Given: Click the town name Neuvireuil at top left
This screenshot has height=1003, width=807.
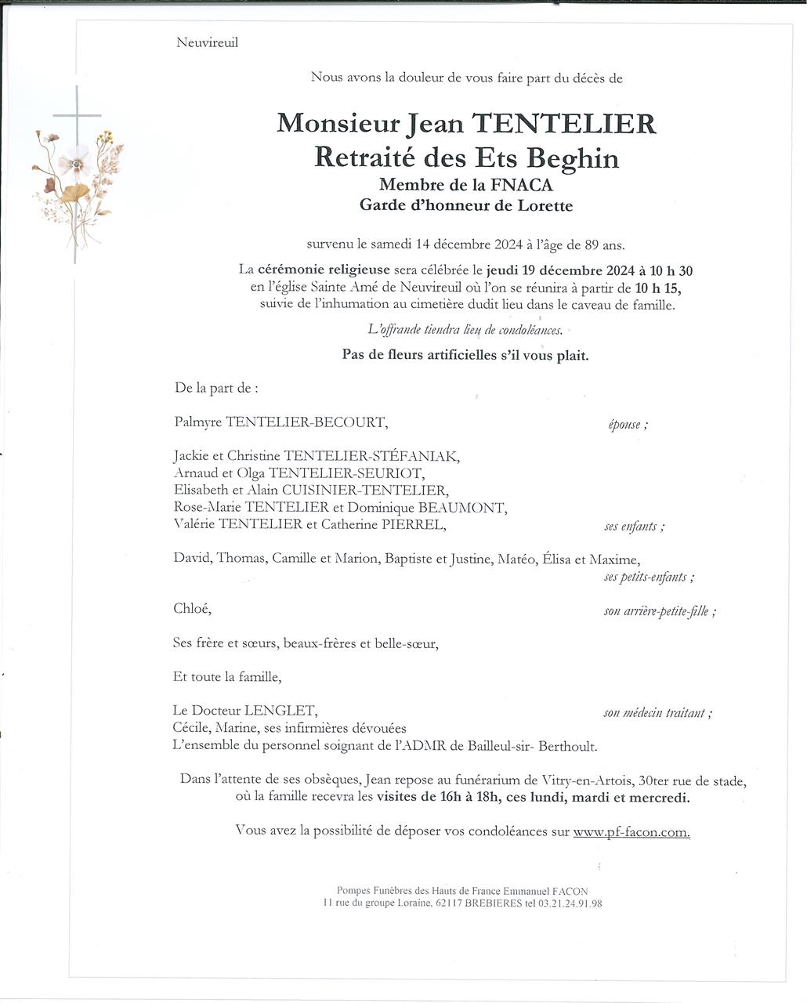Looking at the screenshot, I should click(207, 42).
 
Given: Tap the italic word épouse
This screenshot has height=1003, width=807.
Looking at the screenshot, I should click(624, 425).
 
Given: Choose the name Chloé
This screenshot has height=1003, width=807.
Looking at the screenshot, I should click(192, 609).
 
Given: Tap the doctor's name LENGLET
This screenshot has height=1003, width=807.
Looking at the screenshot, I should click(280, 711).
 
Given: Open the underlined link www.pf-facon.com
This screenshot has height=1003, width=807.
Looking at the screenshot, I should click(631, 832).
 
